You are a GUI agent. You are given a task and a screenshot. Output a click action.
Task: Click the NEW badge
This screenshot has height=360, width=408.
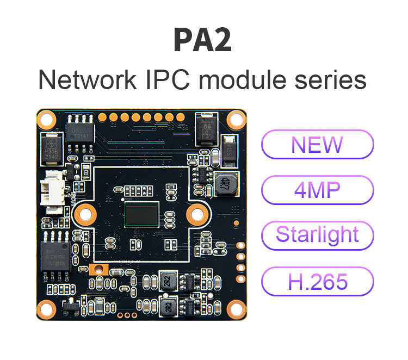[x=318, y=144]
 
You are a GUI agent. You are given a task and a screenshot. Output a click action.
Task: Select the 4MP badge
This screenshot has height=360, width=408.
[x=318, y=190]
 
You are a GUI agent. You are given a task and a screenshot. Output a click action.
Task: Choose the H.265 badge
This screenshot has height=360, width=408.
[x=318, y=281]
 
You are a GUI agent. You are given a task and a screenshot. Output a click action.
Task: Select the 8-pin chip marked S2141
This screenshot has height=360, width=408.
[x=79, y=130]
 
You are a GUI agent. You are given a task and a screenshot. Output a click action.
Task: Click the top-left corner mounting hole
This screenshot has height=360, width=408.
[x=46, y=119]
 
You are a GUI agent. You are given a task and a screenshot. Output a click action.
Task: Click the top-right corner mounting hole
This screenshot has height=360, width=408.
[x=236, y=118]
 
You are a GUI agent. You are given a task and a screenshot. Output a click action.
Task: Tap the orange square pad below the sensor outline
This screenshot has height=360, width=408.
[x=99, y=269]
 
